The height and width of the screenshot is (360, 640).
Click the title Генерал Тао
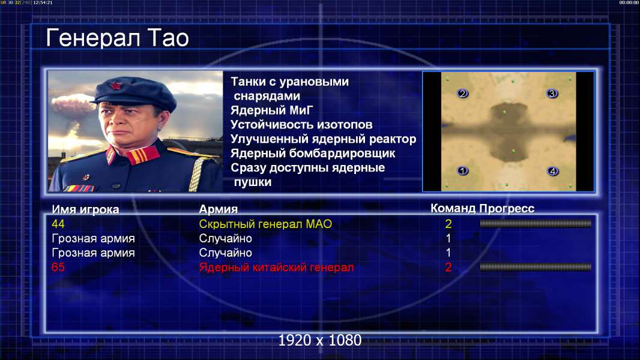[x=117, y=38]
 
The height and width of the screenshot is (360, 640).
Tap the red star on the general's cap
[x=116, y=86]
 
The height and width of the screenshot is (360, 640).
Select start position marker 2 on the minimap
[x=462, y=94]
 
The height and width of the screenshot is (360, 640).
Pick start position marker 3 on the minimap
[x=552, y=94]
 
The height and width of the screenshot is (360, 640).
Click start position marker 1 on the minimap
[x=462, y=170]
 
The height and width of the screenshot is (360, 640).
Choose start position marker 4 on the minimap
[x=552, y=171]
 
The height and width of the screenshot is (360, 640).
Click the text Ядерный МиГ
[x=272, y=110]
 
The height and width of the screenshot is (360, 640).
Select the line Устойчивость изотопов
[x=301, y=125]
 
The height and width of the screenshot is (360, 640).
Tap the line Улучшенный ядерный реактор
[x=323, y=139]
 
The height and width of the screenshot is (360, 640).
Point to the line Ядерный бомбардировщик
[x=313, y=153]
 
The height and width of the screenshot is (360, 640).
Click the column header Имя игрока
[x=85, y=209]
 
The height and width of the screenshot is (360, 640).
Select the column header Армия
[x=219, y=209]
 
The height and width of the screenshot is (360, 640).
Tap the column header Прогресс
[x=507, y=208]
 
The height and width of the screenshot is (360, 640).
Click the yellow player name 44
[x=58, y=224]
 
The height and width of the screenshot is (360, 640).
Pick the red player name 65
[x=58, y=267]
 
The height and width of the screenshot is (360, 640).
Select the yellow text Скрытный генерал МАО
[x=265, y=224]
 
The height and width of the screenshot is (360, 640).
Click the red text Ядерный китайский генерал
[x=276, y=268]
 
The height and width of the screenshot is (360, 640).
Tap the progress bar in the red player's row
[x=536, y=266]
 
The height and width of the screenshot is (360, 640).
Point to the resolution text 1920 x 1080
[x=319, y=340]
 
